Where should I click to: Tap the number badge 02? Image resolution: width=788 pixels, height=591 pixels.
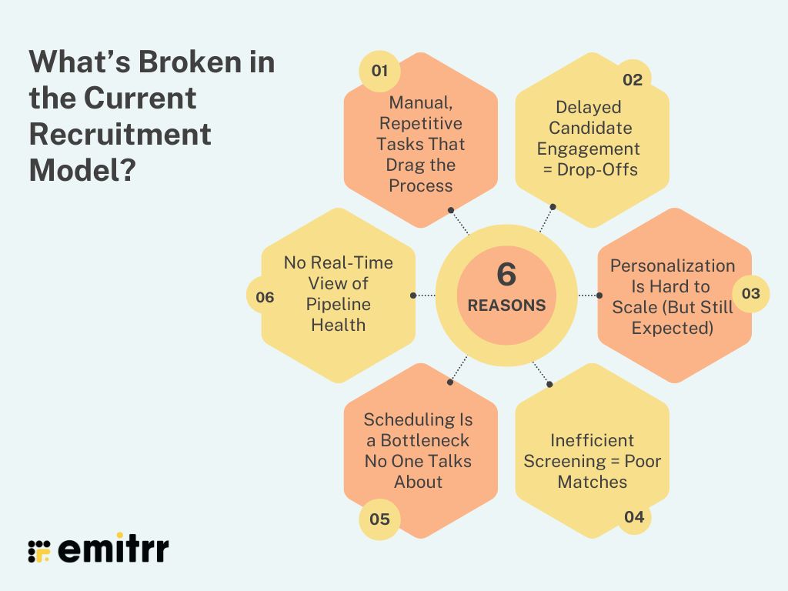tap(632, 79)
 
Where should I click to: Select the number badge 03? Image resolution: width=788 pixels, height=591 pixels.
tap(750, 293)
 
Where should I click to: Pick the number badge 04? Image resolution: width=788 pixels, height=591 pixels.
tap(633, 516)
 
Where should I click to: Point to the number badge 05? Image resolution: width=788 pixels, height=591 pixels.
tap(379, 519)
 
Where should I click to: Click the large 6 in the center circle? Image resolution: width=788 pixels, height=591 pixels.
tap(506, 275)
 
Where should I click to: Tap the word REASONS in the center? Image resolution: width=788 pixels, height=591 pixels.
tap(506, 306)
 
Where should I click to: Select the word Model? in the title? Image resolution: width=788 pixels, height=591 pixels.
tap(82, 170)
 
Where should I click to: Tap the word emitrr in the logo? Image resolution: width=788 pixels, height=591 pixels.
tap(113, 549)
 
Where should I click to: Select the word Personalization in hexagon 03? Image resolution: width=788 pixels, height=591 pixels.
tap(673, 265)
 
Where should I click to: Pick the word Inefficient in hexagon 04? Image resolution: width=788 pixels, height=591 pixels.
tap(592, 440)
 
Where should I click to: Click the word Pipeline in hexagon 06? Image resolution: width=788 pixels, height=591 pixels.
tap(338, 304)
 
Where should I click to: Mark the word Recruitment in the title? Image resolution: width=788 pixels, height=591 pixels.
tap(120, 135)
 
